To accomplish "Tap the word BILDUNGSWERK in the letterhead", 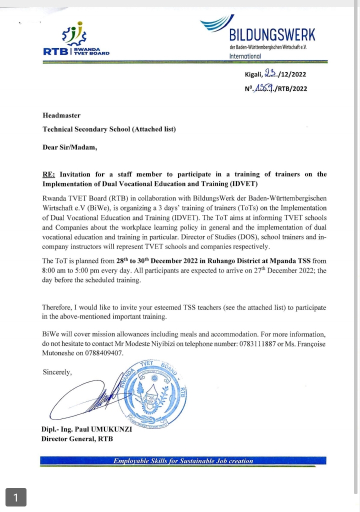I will pos(272,35).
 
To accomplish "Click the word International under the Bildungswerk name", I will pos(245,56).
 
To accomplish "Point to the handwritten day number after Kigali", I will pos(271,74).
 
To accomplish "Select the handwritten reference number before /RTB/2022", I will pos(264,88).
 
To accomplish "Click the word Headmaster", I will pos(61,115).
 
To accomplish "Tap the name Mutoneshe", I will pos(59,353).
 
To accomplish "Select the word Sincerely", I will pos(57,372).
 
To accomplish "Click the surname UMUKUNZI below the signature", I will pos(108,430).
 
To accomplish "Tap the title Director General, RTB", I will pos(77,439).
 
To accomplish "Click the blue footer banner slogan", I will pos(183,461).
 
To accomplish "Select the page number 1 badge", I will pos(16,497).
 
